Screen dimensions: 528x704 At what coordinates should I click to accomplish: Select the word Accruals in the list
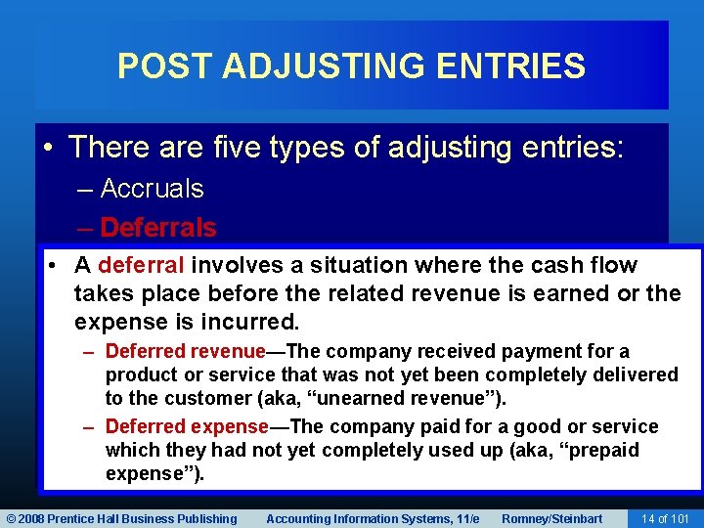(152, 188)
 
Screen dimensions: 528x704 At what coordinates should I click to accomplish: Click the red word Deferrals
(157, 228)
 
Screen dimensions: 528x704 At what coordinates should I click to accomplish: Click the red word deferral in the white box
(142, 265)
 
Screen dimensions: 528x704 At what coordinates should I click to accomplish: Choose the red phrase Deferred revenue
(186, 351)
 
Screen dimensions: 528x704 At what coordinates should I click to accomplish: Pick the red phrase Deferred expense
(187, 426)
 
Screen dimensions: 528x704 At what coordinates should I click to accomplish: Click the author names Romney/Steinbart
(552, 518)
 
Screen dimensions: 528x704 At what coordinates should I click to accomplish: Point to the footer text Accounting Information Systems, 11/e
(373, 518)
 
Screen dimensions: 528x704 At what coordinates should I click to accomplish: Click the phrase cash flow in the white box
(590, 265)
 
